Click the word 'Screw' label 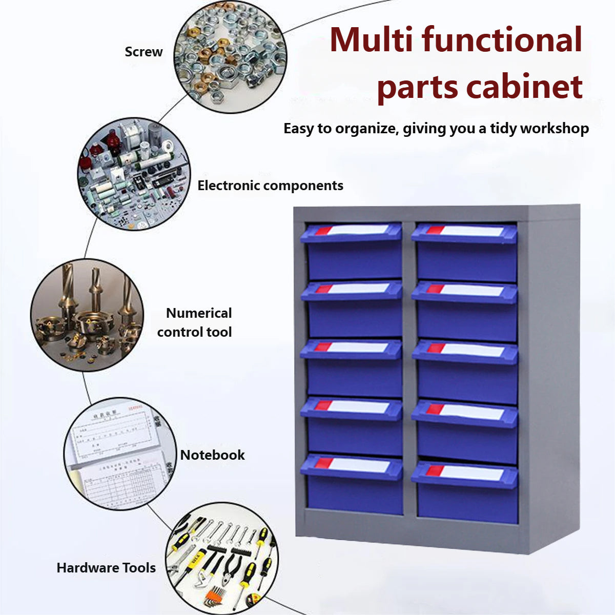pos(143,52)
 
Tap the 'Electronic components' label pos(270,186)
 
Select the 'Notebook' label pos(212,455)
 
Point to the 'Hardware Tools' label pos(106,568)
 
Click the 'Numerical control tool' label pos(195,322)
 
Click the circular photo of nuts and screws pos(230,57)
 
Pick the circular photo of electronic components pos(133,174)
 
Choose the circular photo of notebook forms pos(120,454)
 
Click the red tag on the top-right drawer pos(435,230)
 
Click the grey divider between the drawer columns pos(409,369)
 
